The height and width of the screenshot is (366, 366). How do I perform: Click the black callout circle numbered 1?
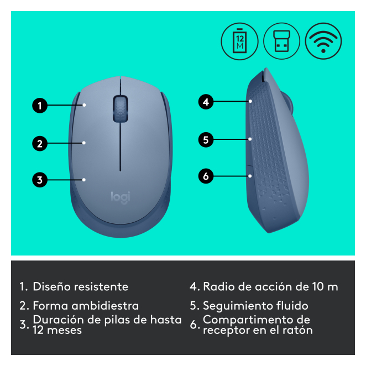[40, 106]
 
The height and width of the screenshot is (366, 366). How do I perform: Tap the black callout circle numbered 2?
[40, 143]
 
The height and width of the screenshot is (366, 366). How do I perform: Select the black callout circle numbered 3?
[40, 180]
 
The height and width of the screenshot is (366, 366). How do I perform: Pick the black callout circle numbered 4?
[206, 102]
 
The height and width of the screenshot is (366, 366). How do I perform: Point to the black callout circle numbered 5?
[206, 139]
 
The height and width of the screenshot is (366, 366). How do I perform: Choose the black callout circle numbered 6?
[206, 176]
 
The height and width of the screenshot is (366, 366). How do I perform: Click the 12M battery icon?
[239, 41]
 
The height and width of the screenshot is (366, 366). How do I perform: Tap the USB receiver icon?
[282, 41]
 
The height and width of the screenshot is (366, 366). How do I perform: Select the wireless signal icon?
[323, 41]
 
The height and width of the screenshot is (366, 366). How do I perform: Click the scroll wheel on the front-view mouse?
[121, 108]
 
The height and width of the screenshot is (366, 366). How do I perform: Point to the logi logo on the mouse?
[121, 198]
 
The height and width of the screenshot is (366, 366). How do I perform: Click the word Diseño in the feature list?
[51, 286]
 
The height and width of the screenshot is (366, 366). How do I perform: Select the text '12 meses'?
[57, 330]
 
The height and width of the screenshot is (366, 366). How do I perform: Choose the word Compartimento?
[244, 320]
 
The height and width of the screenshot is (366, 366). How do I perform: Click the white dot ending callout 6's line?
[250, 176]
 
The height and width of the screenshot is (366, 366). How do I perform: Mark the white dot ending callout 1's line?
[84, 105]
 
